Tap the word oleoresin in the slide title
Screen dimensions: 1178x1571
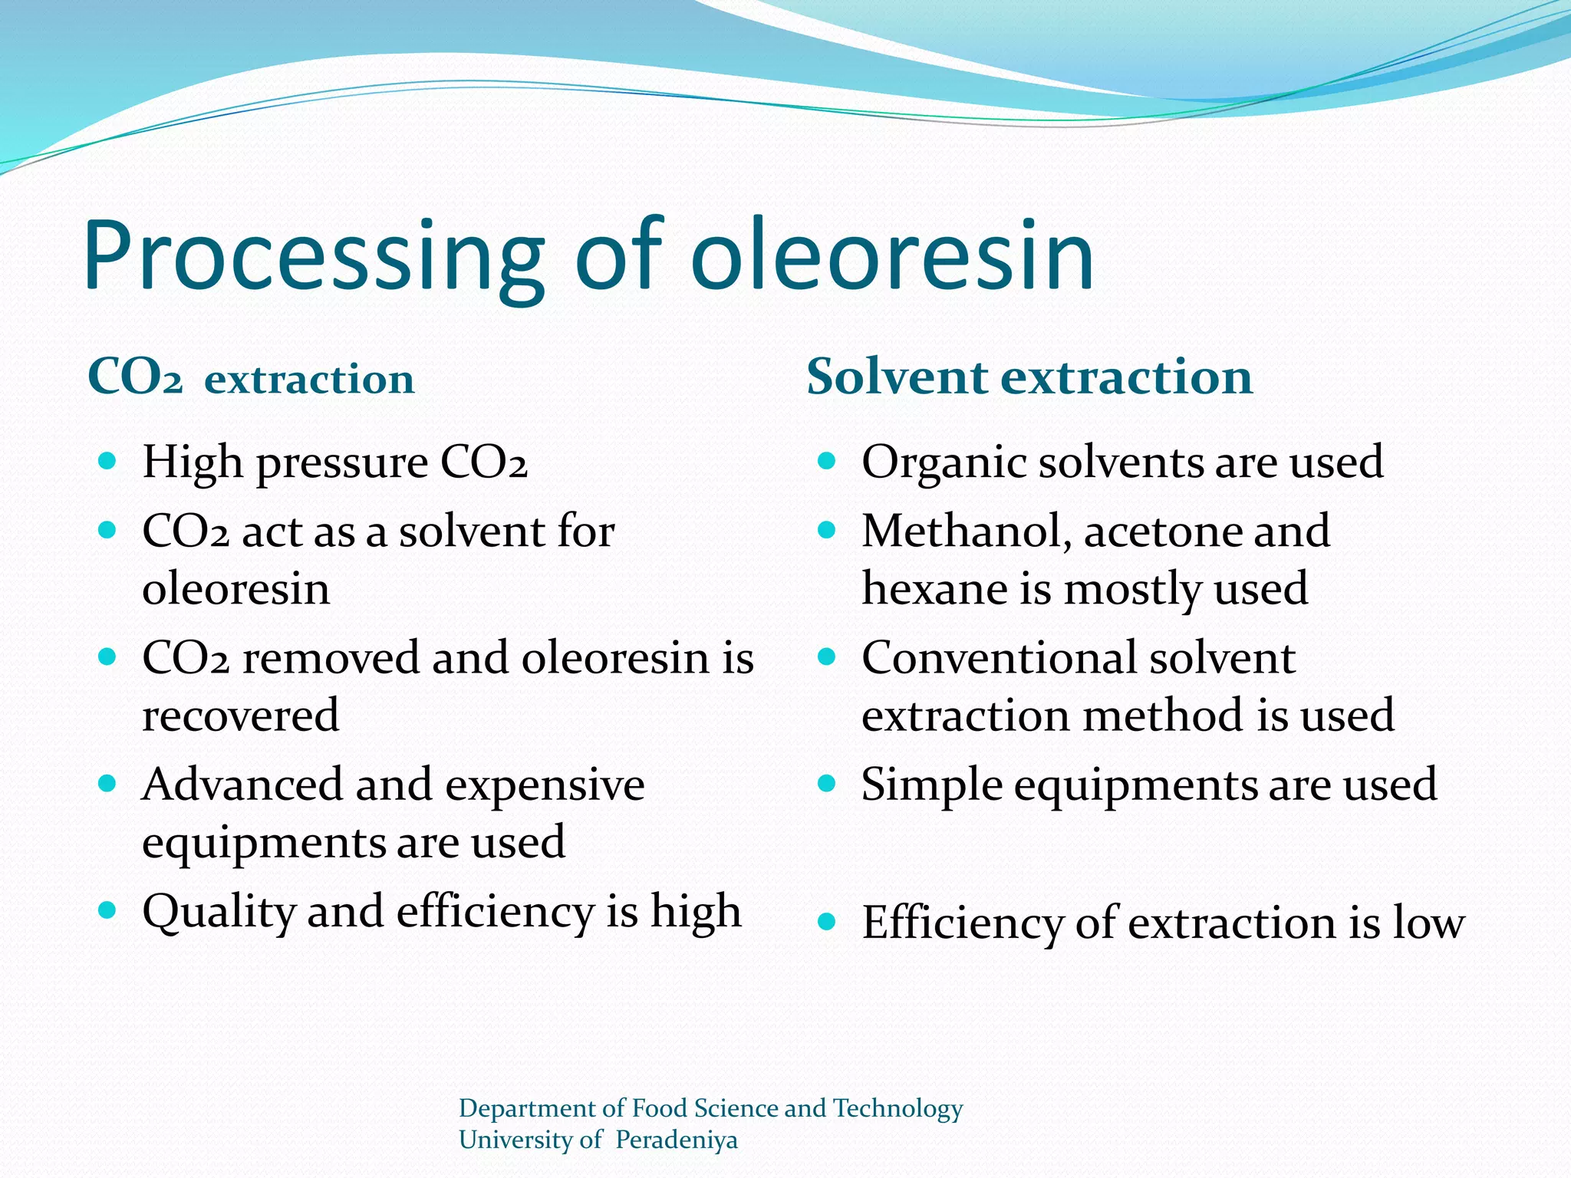pos(891,257)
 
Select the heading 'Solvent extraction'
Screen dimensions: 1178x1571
pos(1029,377)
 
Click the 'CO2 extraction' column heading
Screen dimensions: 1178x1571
pos(251,379)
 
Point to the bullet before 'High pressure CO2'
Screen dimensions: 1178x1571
pos(107,461)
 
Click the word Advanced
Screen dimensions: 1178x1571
pos(242,785)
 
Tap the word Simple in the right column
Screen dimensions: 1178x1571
pos(931,786)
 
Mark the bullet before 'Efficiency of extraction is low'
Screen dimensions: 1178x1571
pos(826,922)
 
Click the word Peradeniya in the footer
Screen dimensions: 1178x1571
pos(676,1140)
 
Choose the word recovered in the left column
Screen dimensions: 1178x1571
pos(240,716)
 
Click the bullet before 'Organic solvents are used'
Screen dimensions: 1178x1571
pos(826,461)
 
